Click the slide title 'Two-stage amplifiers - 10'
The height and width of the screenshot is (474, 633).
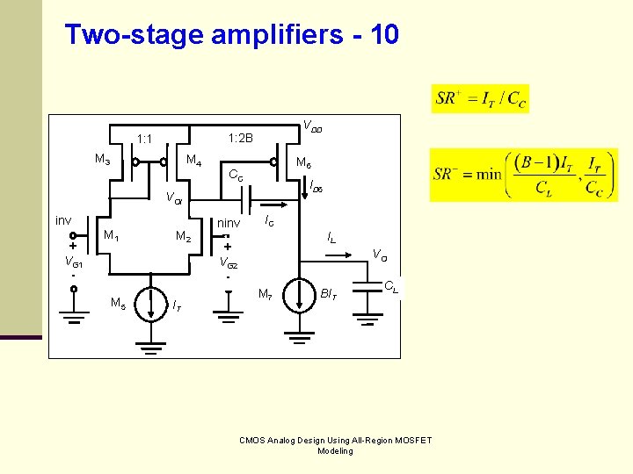point(232,35)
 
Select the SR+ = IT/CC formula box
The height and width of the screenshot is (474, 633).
point(481,98)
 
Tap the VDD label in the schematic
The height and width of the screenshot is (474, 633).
point(312,126)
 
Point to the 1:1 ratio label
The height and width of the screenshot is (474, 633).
point(145,139)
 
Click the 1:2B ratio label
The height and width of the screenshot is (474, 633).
point(240,139)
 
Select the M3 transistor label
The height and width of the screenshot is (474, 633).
point(102,160)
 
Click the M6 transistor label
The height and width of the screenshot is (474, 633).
point(303,162)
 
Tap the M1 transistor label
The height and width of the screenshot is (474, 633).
point(112,235)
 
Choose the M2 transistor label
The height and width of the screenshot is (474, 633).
point(184,236)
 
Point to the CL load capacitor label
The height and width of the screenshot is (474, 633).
point(391,285)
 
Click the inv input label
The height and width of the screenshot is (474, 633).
point(63,220)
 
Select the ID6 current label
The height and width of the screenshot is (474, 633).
point(316,186)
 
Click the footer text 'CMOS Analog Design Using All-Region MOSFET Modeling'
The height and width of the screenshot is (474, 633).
point(335,445)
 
